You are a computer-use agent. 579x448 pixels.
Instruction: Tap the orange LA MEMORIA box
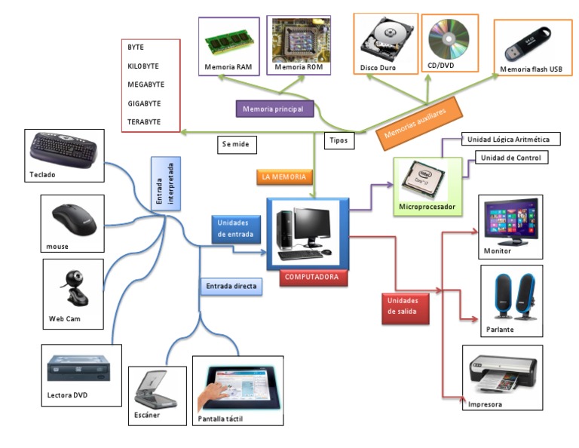coord(283,177)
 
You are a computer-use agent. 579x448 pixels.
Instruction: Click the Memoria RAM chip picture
coord(228,42)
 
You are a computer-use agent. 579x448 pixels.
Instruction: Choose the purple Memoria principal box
coord(274,109)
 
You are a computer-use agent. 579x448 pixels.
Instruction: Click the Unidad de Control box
coord(511,158)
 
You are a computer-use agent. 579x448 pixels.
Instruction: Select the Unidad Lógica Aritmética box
coord(513,140)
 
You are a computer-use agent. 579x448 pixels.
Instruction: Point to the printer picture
coord(502,373)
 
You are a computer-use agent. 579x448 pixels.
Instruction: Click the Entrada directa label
coord(231,286)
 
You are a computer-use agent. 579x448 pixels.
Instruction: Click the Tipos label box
coord(339,140)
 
